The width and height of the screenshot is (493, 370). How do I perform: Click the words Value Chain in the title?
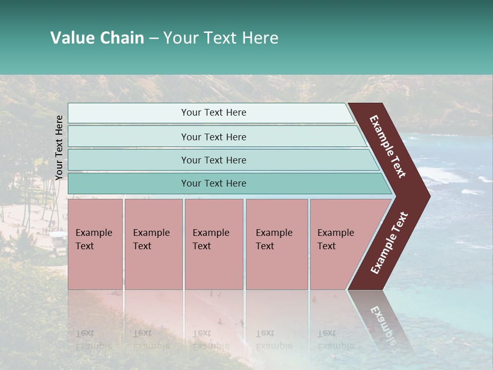click(97, 38)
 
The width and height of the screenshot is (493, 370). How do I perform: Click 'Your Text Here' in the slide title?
click(221, 38)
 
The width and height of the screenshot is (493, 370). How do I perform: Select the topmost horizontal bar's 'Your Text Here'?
click(214, 113)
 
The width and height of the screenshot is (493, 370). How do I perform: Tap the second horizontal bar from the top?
click(214, 137)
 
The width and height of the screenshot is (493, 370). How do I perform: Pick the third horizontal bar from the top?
click(214, 160)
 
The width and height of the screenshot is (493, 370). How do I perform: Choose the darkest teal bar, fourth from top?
click(214, 183)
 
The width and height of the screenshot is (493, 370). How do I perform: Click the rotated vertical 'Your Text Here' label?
click(59, 147)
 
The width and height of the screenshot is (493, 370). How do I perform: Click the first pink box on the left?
click(95, 244)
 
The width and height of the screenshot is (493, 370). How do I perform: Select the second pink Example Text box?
click(153, 244)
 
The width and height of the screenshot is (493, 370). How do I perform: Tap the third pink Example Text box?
click(213, 244)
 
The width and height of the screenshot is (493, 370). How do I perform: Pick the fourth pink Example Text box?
click(276, 244)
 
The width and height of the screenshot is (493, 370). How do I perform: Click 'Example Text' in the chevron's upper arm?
click(388, 146)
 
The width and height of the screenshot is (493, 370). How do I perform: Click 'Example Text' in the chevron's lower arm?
click(389, 243)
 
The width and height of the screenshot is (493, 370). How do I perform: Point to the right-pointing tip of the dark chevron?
click(427, 196)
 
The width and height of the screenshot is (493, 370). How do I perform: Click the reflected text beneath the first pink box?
click(93, 339)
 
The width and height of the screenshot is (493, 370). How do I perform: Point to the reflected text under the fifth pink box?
click(336, 339)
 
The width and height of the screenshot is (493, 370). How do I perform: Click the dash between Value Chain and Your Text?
click(154, 39)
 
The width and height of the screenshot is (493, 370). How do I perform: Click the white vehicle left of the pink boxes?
click(58, 241)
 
